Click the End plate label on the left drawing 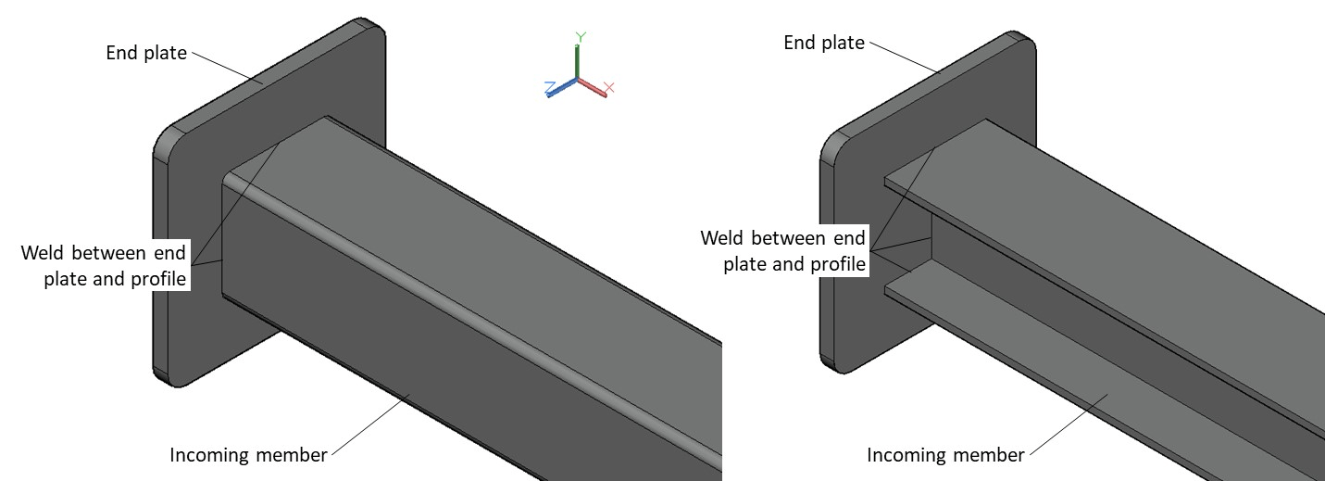pyautogui.click(x=146, y=53)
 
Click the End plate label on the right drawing pyautogui.click(x=824, y=43)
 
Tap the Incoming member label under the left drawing pyautogui.click(x=248, y=455)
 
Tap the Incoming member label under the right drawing pyautogui.click(x=945, y=455)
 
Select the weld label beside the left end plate pyautogui.click(x=104, y=265)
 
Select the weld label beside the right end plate pyautogui.click(x=783, y=250)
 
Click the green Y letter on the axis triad pyautogui.click(x=581, y=37)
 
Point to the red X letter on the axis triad pyautogui.click(x=609, y=88)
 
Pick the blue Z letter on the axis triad pyautogui.click(x=549, y=88)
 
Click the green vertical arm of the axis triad pyautogui.click(x=577, y=61)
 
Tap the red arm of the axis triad pyautogui.click(x=592, y=87)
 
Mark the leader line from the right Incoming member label pyautogui.click(x=1069, y=425)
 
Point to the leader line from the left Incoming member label pyautogui.click(x=370, y=425)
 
